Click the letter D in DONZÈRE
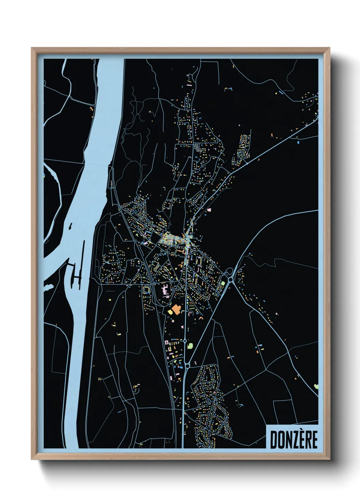point(273,440)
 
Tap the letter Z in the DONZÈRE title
point(291,440)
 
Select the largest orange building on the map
point(176,310)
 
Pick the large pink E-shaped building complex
point(164,291)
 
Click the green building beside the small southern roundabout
point(190,346)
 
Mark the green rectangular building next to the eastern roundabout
point(223,283)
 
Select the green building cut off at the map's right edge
point(316,386)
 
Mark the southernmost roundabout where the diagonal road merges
point(187,366)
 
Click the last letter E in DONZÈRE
point(314,440)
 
